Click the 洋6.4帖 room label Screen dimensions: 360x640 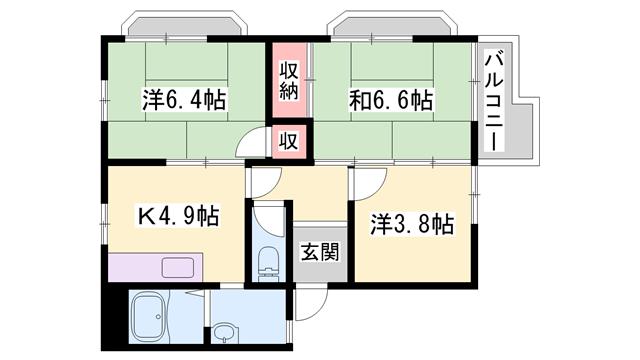point(182,100)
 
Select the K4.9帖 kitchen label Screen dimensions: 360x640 point(177,214)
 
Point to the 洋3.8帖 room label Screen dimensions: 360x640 point(411,223)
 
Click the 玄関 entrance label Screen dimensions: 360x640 point(319,250)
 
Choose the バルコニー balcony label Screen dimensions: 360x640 point(492,100)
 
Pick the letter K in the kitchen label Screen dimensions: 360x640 point(145,215)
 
